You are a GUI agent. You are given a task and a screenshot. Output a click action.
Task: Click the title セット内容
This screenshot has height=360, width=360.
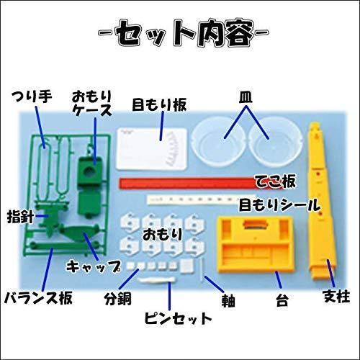coord(183,32)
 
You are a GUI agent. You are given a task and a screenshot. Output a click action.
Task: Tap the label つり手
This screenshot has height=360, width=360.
coord(32,96)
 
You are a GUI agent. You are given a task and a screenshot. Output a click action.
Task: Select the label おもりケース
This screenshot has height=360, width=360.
coord(92,103)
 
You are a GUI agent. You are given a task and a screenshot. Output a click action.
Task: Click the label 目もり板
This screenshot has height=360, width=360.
coord(159,105)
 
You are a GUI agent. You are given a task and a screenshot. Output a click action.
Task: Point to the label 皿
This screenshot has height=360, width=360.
coord(246,97)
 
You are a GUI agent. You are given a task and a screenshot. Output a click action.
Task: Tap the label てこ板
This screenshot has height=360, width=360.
coord(275,181)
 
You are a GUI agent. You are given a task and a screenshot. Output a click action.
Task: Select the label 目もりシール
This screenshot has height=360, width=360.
coord(280,205)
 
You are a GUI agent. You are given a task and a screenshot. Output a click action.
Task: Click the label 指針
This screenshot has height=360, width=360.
coord(20,217)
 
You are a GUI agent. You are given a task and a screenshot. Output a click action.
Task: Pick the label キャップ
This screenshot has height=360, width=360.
coord(94,266)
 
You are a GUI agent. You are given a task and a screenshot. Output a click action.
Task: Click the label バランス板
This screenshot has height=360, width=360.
coord(38,298)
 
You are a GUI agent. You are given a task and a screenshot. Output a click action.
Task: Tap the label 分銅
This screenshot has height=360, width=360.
coord(117,299)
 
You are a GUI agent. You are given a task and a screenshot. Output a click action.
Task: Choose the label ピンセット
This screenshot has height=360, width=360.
coord(178,318)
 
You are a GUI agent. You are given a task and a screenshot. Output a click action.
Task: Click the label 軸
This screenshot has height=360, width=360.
coord(228,300)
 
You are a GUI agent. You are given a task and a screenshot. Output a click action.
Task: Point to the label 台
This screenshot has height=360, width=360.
coord(282,300)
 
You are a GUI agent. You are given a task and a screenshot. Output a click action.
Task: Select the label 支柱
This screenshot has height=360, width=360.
coord(337,296)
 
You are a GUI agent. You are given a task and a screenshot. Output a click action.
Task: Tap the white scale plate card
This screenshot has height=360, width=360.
coord(152,149)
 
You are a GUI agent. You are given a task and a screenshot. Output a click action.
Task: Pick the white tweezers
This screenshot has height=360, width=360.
coord(156,280)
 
